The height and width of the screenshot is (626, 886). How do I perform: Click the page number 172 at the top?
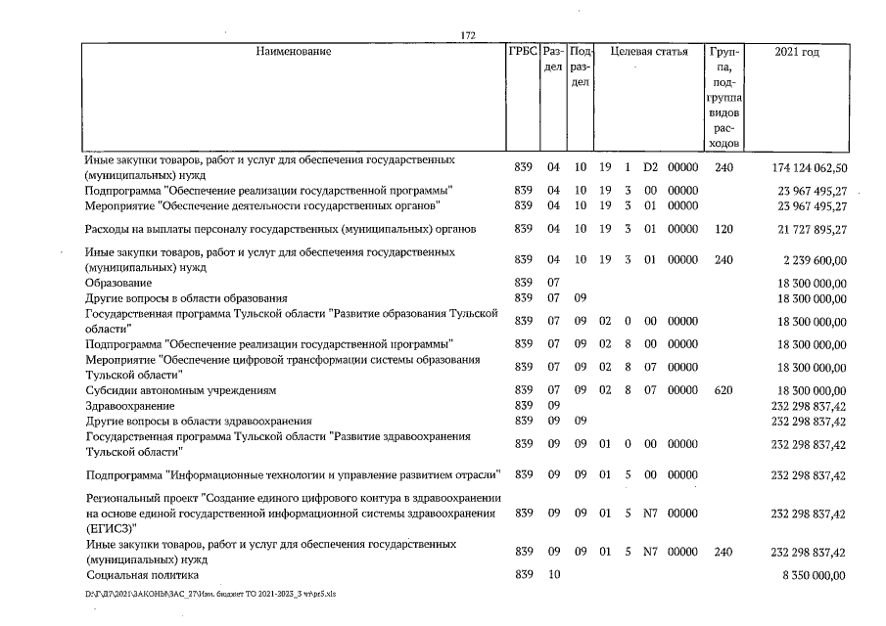(x=467, y=36)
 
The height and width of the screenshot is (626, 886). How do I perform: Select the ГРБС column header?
(x=522, y=51)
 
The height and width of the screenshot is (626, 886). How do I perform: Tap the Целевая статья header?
(x=648, y=51)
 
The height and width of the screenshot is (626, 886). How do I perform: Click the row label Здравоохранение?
(x=130, y=405)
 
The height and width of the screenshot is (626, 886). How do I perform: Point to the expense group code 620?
(x=723, y=389)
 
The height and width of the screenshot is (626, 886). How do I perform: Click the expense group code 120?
(x=723, y=229)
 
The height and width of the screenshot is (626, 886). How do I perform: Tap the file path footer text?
(x=211, y=594)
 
